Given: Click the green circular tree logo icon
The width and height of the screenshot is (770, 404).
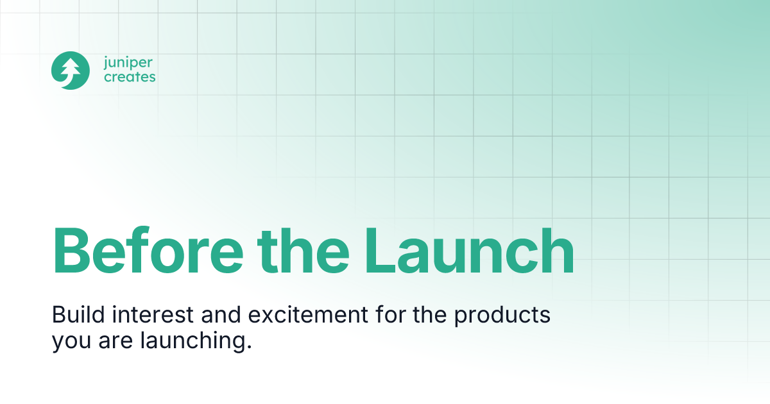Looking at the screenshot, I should [x=70, y=71].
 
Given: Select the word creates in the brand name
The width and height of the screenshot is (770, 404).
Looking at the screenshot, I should [x=129, y=78].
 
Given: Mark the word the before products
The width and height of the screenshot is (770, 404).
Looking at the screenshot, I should [x=432, y=316].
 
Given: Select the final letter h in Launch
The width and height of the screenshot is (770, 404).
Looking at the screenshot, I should [x=556, y=250].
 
